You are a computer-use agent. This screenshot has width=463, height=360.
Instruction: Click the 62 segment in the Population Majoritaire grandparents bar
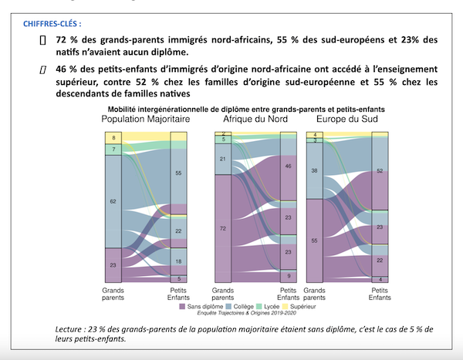113,201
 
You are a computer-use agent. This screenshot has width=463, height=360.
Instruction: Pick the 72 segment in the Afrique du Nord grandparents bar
222,229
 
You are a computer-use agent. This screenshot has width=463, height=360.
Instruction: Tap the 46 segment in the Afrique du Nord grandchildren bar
288,166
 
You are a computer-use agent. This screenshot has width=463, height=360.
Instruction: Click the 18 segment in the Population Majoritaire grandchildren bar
179,262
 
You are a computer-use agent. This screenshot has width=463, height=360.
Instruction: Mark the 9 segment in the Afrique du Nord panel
288,275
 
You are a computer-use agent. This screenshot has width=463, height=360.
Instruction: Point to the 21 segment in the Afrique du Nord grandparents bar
222,160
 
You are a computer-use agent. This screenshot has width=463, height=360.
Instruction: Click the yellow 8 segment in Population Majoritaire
113,137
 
